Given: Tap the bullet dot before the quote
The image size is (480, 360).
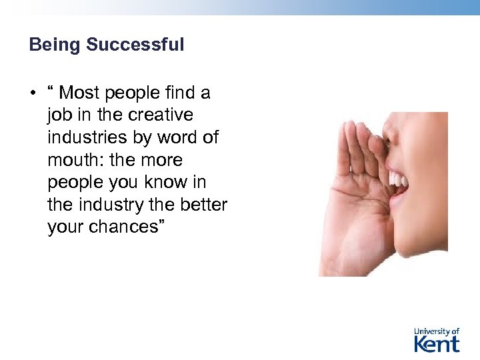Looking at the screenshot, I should click(x=32, y=93).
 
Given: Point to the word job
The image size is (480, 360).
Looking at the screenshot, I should click(x=58, y=115).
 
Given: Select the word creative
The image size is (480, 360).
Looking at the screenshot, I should click(x=161, y=115).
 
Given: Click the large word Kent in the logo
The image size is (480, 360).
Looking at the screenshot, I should click(x=437, y=343).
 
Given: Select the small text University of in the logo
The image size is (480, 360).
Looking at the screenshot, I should click(x=437, y=331).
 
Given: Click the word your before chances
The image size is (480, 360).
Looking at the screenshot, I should click(x=65, y=227).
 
